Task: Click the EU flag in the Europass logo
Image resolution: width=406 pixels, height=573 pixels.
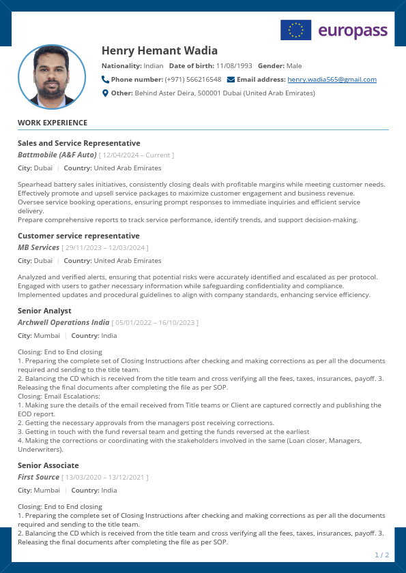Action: (295, 30)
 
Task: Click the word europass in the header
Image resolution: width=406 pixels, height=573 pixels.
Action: (353, 31)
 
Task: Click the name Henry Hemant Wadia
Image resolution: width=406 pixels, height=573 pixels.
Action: (160, 51)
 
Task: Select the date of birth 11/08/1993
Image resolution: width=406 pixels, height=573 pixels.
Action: (234, 66)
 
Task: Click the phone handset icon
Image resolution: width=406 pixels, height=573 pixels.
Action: (105, 80)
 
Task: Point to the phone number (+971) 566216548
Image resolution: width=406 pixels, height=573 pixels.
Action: (193, 80)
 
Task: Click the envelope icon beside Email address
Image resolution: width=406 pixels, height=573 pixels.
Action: (231, 80)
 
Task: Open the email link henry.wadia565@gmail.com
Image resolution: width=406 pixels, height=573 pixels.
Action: (332, 80)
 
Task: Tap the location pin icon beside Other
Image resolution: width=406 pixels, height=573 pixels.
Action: (105, 93)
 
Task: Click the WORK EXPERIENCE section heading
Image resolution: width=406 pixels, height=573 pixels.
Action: (53, 123)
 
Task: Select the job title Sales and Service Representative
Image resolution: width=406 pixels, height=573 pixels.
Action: (79, 143)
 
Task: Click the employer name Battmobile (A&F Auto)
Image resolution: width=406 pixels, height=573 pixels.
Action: (57, 155)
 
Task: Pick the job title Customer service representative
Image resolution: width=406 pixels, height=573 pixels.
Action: (78, 236)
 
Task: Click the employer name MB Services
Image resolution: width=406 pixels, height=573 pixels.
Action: (39, 247)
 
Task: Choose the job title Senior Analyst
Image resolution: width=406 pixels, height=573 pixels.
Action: (44, 311)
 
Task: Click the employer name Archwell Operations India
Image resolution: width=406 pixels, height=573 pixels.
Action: (63, 322)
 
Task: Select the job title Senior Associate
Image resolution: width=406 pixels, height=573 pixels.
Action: (48, 465)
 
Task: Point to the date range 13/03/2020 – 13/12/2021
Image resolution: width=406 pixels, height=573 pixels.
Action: (105, 478)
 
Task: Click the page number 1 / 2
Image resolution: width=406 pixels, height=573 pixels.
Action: (382, 555)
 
